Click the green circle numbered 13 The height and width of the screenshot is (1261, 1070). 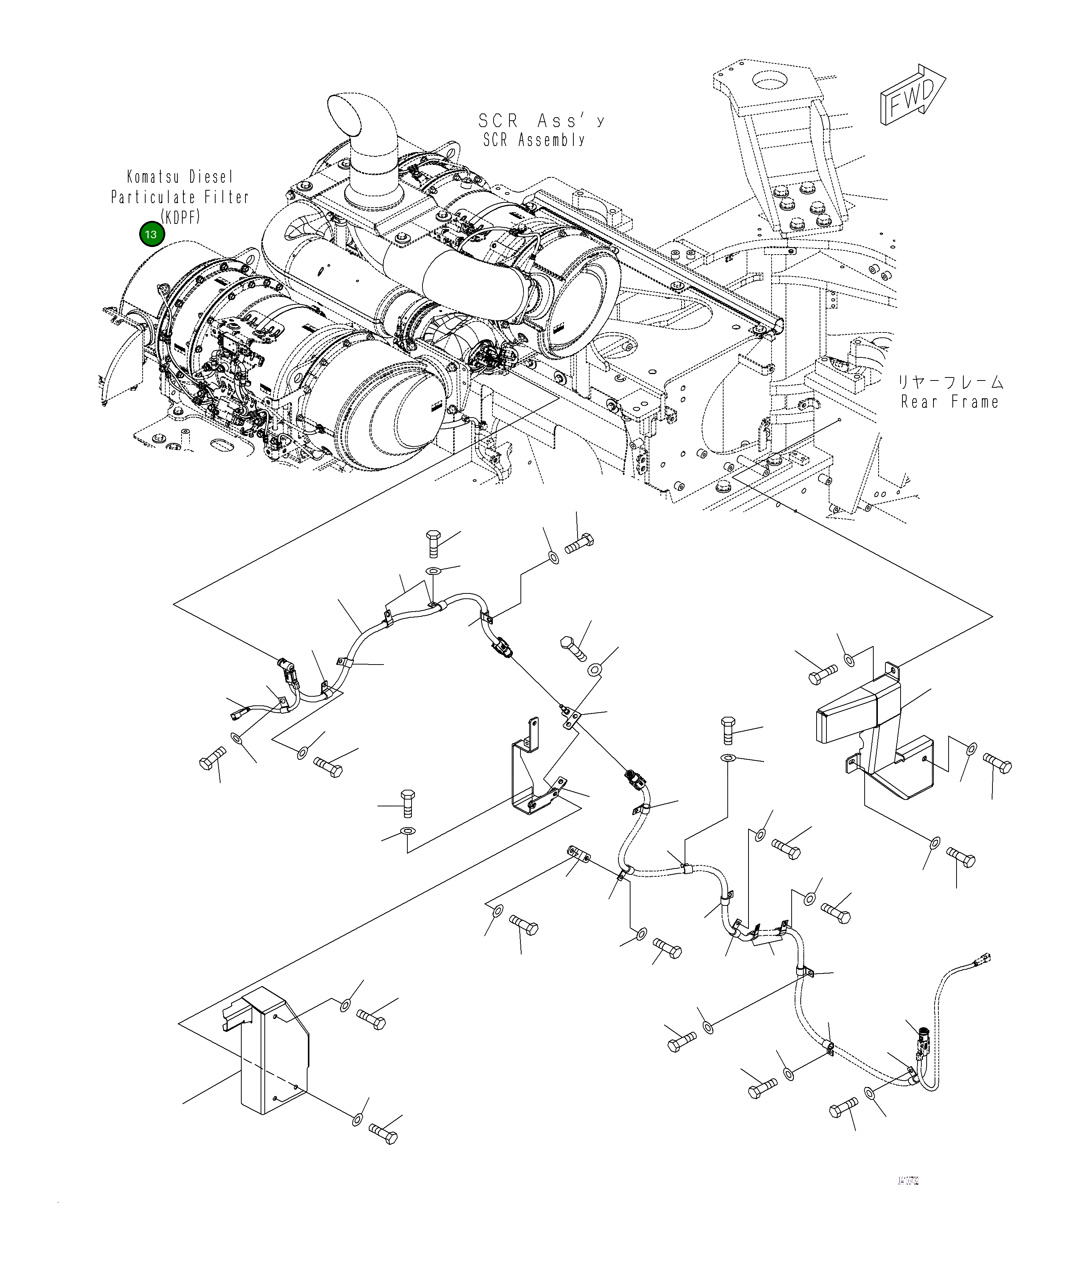pyautogui.click(x=152, y=234)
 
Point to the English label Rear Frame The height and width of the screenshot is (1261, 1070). pyautogui.click(x=949, y=402)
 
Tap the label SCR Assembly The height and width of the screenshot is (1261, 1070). pyautogui.click(x=534, y=140)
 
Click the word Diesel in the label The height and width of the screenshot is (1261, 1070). pyautogui.click(x=210, y=177)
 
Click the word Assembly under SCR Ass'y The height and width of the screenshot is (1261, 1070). pyautogui.click(x=551, y=140)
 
